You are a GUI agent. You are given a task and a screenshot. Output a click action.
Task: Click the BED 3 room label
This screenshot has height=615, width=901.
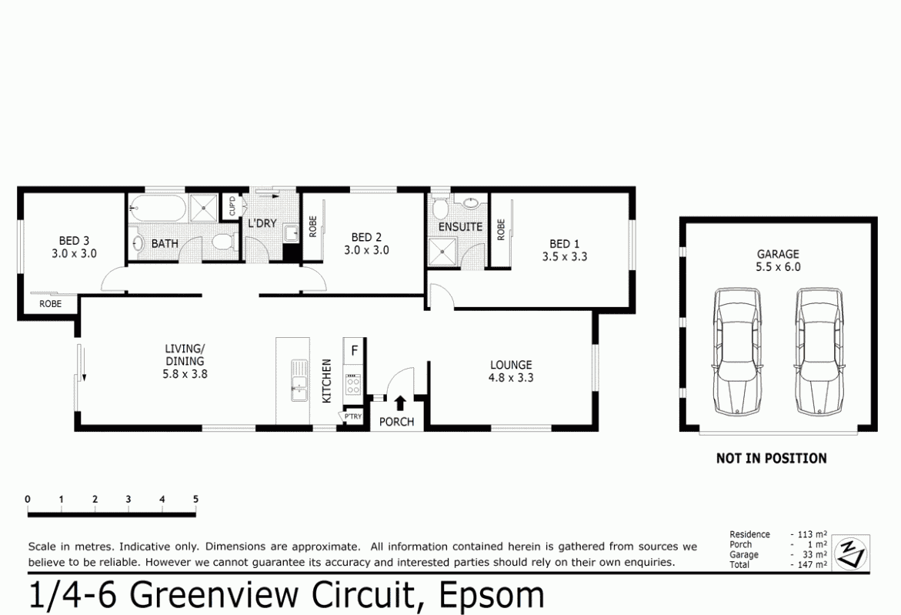pos(74,240)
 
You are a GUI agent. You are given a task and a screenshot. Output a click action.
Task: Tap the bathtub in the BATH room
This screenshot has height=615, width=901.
pos(157,207)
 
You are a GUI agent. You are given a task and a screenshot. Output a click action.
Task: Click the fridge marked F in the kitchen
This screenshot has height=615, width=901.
pos(354,350)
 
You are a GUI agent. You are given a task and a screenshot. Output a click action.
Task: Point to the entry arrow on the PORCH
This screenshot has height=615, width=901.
pos(400,403)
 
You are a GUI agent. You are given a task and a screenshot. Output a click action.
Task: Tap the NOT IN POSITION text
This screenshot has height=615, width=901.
pos(771,458)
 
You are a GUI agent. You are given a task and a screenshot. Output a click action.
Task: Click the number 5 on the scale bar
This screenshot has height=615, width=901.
pos(195,499)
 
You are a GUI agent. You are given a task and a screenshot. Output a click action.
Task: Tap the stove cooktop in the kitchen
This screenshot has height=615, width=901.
pos(353,383)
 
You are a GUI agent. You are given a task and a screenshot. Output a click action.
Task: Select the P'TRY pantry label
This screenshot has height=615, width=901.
pos(352,417)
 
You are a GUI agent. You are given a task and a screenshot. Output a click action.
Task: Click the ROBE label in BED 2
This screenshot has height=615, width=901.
pos(312,226)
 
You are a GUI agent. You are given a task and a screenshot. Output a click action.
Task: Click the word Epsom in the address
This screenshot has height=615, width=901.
pos(491,596)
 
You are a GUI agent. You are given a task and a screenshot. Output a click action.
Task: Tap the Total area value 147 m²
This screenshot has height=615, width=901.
pos(809,564)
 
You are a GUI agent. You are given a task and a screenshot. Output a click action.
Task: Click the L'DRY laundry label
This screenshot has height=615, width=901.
pos(262,223)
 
